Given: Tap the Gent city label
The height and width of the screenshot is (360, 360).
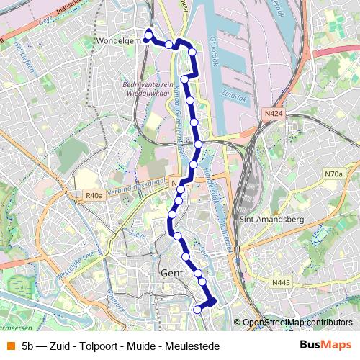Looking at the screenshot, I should tap(173, 274).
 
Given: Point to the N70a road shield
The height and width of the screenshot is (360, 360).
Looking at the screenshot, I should tap(333, 174).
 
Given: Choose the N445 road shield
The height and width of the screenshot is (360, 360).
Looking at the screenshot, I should tap(282, 283).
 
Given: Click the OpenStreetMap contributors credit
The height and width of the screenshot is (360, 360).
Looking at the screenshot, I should tap(298, 323).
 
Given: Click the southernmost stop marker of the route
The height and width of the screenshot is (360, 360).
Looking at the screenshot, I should tap(198, 309).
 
